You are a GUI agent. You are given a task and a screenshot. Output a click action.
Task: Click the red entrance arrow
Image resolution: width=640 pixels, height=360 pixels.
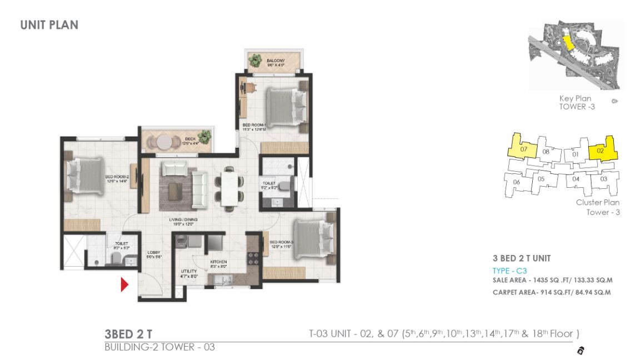click(124, 285)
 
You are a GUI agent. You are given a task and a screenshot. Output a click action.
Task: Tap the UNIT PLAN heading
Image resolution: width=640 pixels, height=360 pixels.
click(49, 25)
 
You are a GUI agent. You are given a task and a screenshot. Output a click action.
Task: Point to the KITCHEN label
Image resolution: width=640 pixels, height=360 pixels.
click(218, 262)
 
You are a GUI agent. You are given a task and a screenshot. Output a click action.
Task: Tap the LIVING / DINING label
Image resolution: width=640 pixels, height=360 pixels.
click(184, 220)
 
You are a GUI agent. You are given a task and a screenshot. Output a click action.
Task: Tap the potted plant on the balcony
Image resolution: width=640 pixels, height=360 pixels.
click(256, 59)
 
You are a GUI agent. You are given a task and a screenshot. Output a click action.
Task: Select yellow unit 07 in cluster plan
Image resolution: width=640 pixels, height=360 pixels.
click(523, 148)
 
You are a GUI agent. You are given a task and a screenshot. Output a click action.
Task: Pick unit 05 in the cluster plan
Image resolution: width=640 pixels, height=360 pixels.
click(541, 180)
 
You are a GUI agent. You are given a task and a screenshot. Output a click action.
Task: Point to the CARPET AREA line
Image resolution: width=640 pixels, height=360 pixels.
click(551, 292)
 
